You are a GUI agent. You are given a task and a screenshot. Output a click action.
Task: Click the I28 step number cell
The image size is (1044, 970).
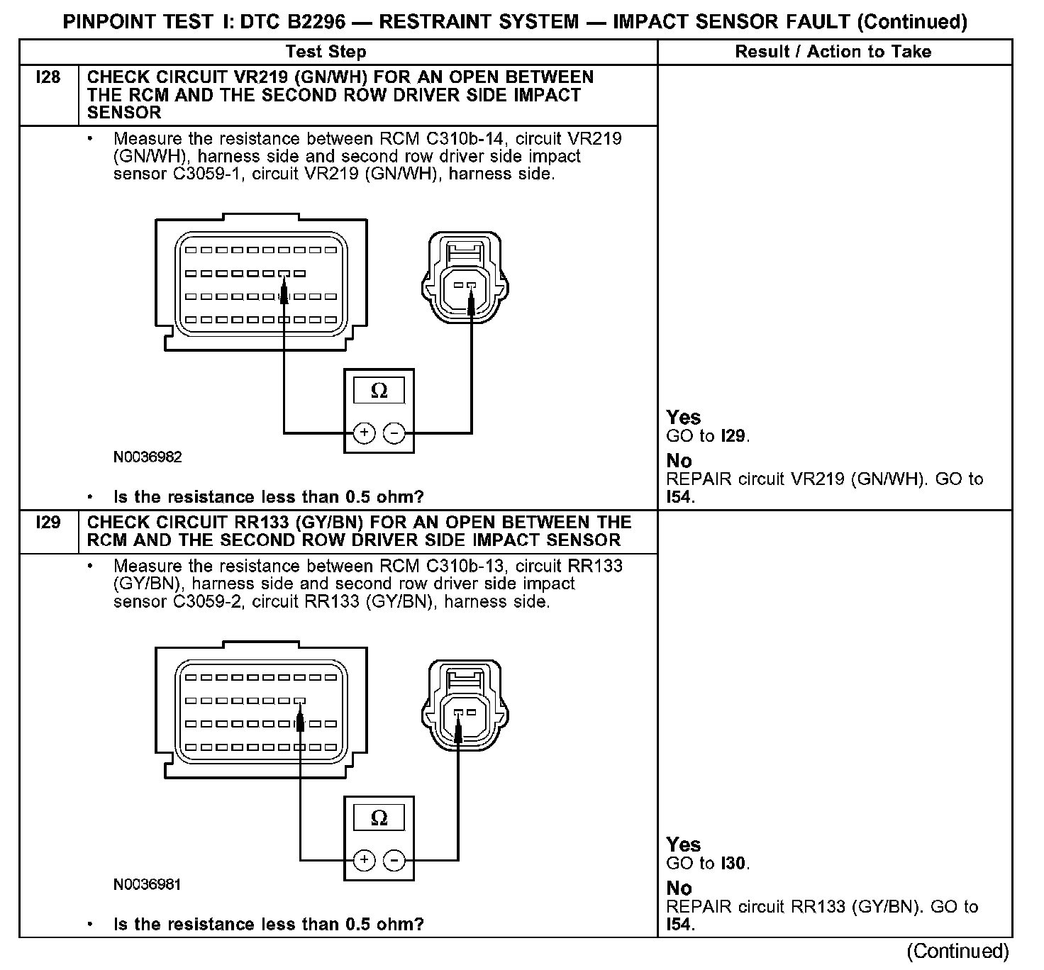[x=48, y=77]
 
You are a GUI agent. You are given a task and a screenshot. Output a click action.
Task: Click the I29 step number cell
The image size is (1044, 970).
[x=48, y=523]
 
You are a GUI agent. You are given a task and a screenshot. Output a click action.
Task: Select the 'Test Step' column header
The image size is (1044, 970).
[x=326, y=52]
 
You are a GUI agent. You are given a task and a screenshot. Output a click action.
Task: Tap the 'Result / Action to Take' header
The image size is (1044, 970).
[x=833, y=52]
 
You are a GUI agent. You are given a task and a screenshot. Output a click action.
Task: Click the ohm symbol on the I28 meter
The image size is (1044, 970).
[x=379, y=391]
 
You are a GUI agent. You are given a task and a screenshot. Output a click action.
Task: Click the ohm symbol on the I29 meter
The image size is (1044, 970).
[x=379, y=818]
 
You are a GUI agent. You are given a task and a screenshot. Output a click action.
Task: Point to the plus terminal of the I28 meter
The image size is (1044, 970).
[x=364, y=433]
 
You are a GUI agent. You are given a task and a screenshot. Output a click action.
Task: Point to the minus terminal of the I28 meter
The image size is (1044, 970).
[x=394, y=433]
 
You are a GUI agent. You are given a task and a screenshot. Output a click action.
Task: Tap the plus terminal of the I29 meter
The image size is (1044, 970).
[x=364, y=860]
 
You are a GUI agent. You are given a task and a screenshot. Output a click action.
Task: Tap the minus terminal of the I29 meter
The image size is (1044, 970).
[x=394, y=860]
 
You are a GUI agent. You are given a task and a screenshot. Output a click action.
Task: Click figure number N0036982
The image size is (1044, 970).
[x=148, y=457]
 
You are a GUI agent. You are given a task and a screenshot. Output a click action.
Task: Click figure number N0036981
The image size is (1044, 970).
[x=148, y=885]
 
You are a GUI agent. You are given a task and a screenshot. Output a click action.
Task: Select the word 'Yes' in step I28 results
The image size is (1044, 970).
[x=684, y=418]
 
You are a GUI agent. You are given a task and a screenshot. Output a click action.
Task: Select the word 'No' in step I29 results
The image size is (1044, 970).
[x=679, y=888]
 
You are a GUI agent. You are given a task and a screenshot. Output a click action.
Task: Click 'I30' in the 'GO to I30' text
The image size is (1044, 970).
[x=734, y=864]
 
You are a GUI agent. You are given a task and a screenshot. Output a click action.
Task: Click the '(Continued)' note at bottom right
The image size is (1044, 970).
[x=957, y=952]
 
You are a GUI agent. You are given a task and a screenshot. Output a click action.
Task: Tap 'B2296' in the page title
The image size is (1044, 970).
[x=313, y=22]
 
